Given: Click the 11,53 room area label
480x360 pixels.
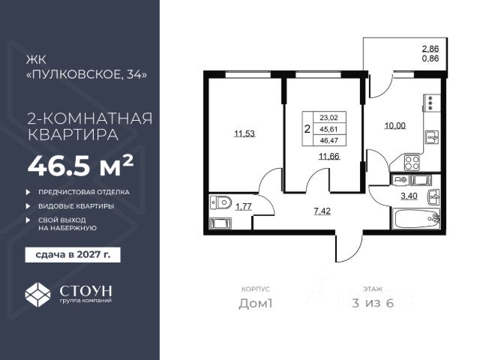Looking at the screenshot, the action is (244, 133).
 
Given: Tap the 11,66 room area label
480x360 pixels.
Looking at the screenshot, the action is (329, 157).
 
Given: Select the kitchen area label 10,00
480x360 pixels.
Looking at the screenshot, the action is (395, 126).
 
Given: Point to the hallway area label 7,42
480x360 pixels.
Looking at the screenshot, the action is (322, 211).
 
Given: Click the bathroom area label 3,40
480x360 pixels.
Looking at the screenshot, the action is (409, 196).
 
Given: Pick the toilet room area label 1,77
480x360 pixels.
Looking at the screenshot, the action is (243, 207).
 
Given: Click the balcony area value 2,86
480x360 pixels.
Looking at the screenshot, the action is (430, 49).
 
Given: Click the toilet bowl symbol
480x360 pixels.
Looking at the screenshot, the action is (221, 202).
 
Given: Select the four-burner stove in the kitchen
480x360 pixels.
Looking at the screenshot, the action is (412, 163).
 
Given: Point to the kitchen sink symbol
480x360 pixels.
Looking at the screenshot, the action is (432, 137).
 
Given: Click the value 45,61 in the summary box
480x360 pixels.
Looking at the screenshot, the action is (328, 129).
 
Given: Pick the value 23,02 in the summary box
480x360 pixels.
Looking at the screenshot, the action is (328, 118).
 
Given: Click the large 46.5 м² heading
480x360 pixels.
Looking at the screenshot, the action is (81, 166).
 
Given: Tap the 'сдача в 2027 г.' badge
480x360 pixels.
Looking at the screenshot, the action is (73, 255).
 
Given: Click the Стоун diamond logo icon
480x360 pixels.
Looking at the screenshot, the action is (37, 294).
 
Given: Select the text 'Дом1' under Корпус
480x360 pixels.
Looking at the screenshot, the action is (256, 304).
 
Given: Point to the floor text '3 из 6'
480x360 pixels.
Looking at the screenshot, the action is (373, 303).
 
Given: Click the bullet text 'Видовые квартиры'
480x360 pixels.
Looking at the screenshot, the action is (76, 206).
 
